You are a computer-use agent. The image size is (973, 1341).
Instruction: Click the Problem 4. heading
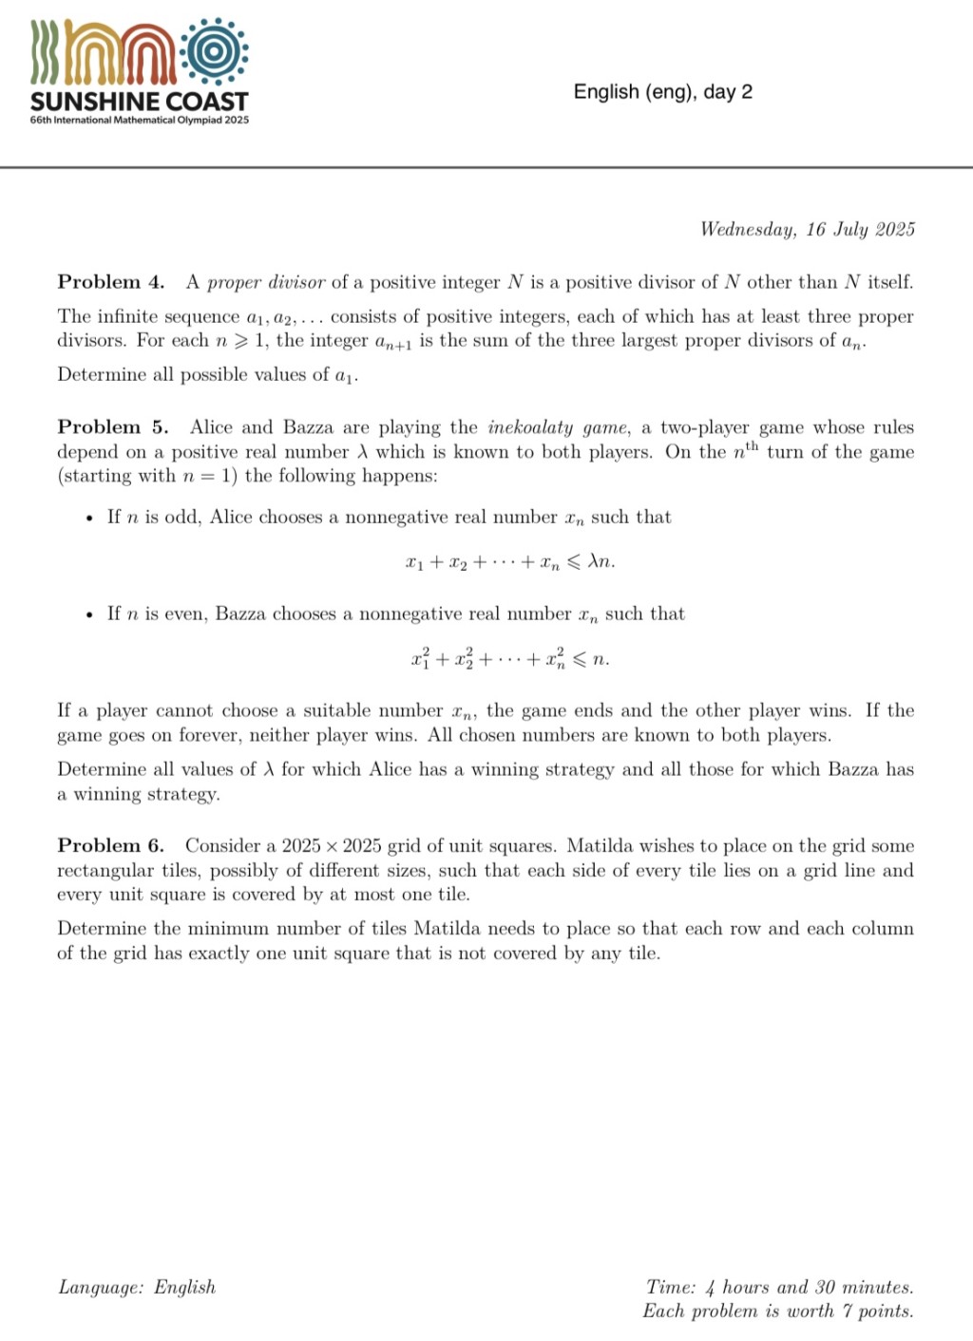click(110, 282)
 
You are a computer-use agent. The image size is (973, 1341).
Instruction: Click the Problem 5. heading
click(112, 427)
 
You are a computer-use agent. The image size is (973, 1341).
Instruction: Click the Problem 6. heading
click(110, 846)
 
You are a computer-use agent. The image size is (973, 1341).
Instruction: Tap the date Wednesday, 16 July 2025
click(807, 230)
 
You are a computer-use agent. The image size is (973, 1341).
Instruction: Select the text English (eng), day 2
click(662, 92)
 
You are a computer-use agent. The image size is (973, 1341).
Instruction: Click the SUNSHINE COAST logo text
click(139, 101)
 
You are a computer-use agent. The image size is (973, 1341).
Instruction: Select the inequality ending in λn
click(509, 562)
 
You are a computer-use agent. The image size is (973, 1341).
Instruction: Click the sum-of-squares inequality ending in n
click(509, 658)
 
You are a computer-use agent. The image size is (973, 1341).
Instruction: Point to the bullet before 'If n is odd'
click(88, 519)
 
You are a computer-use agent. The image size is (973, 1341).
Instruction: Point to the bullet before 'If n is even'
click(88, 615)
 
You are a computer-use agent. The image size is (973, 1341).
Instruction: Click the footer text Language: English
click(137, 1288)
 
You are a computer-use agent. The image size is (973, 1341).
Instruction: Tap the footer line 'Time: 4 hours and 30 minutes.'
click(779, 1288)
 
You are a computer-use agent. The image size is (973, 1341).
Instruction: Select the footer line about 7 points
click(777, 1312)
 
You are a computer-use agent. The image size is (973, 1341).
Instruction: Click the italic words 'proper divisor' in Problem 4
click(266, 282)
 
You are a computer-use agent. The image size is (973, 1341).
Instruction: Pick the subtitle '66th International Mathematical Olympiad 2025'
click(139, 121)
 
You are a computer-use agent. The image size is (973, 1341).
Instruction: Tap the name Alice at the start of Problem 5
click(210, 427)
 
